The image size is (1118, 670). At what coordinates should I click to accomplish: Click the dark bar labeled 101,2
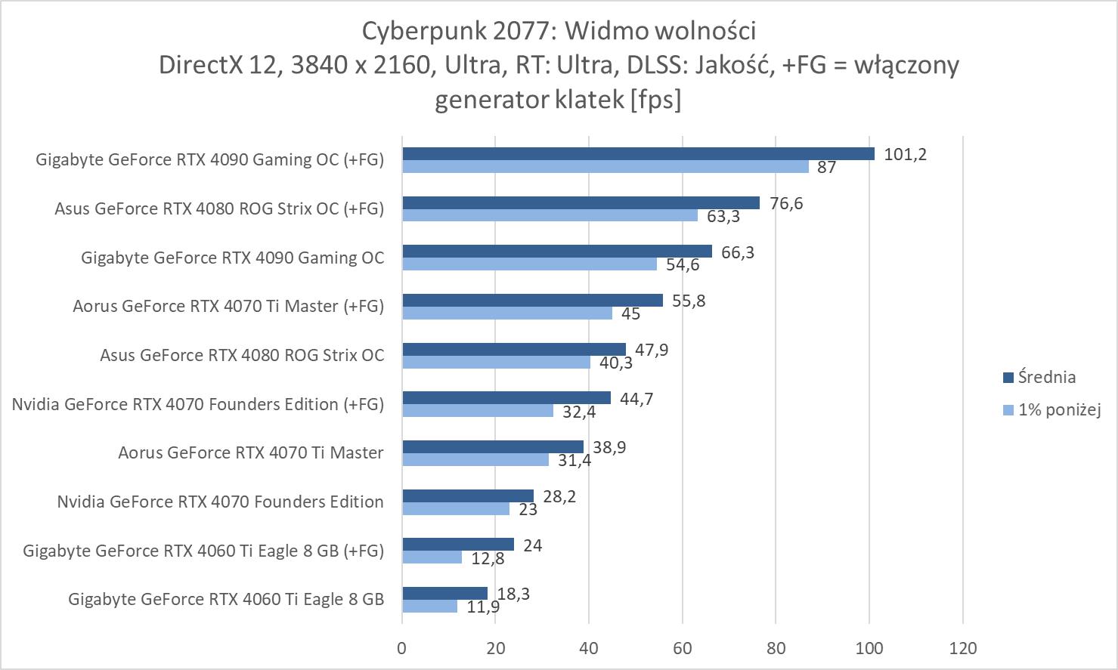[x=638, y=154]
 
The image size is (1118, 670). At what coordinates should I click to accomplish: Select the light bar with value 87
[x=605, y=167]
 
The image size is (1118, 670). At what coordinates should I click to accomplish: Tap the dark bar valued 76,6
[x=581, y=202]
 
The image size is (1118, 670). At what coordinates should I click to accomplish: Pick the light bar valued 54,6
[x=529, y=264]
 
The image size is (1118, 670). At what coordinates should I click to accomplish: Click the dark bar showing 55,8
[x=532, y=301]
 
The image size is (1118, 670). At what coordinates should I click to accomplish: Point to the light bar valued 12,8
[x=432, y=557]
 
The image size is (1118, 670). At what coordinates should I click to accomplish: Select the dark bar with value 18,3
[x=444, y=594]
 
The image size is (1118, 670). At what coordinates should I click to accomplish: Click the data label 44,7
[x=636, y=399]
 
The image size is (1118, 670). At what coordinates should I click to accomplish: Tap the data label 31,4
[x=573, y=460]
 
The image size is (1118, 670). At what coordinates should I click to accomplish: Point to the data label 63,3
[x=723, y=217]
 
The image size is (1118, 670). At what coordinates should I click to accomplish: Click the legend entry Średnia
[x=1046, y=377]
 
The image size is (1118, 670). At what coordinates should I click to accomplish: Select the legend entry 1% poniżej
[x=1059, y=410]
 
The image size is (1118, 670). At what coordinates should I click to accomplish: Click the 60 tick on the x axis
[x=683, y=648]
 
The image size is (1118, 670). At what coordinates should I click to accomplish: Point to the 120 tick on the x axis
[x=963, y=648]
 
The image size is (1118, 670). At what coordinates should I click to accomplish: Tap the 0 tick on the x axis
[x=401, y=648]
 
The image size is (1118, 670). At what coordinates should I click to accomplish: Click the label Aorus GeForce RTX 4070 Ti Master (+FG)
[x=228, y=306]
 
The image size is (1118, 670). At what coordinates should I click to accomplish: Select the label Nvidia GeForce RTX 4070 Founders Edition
[x=220, y=502]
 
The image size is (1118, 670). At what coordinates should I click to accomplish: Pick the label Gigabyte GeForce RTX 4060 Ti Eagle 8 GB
[x=226, y=599]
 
